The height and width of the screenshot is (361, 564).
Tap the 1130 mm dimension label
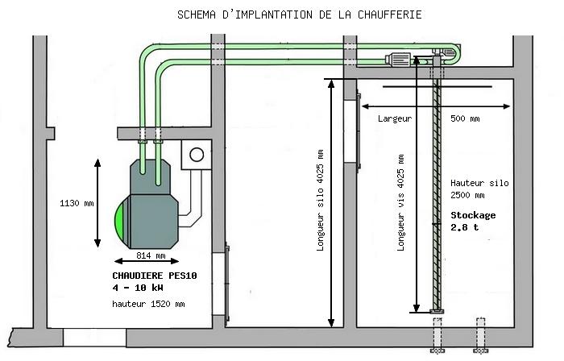point(77,203)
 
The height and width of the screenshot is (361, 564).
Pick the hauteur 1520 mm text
point(148,304)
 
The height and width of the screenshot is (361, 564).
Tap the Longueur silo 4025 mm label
point(320,201)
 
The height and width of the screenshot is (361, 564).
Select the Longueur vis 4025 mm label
point(400,201)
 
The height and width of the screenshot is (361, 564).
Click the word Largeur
point(394,118)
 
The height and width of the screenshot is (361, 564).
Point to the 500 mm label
point(465,118)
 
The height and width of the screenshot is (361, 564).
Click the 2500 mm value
point(468,195)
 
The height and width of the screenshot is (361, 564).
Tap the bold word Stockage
point(473,215)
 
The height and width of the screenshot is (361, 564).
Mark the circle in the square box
point(196,154)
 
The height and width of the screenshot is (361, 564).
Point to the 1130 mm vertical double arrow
point(98,203)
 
